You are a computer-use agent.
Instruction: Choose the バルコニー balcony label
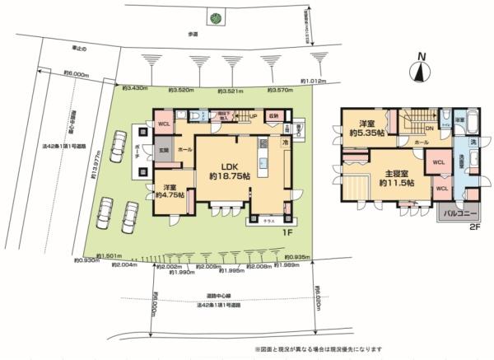pyautogui.click(x=456, y=213)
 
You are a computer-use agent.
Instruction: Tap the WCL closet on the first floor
pyautogui.click(x=163, y=124)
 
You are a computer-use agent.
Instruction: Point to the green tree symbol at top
pyautogui.click(x=215, y=18)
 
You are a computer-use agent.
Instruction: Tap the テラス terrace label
pyautogui.click(x=268, y=221)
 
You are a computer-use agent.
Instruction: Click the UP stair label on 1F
pyautogui.click(x=253, y=116)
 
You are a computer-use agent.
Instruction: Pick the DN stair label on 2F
pyautogui.click(x=429, y=129)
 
